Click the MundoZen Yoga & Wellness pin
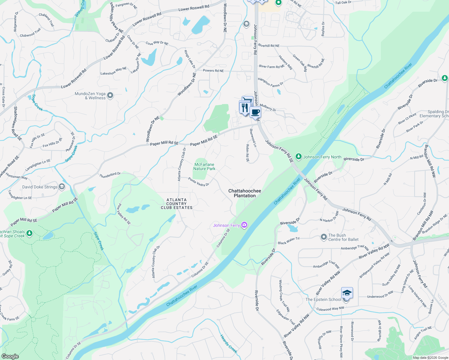(x=110, y=96)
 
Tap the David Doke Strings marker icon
(x=62, y=187)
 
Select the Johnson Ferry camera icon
(x=244, y=225)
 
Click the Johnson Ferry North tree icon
(x=298, y=157)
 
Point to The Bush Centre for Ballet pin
(x=324, y=237)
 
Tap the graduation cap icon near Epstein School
(x=347, y=293)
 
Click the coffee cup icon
(x=255, y=112)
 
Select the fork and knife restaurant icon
(x=245, y=107)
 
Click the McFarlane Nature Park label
(x=204, y=166)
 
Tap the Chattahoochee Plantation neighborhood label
(x=245, y=193)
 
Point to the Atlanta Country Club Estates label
(x=176, y=204)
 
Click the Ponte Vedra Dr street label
(x=198, y=182)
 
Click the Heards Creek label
(x=229, y=344)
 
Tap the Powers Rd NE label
(x=213, y=71)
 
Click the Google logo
(x=10, y=356)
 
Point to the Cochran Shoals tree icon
(x=29, y=233)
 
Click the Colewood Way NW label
(x=330, y=309)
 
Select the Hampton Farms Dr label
(x=270, y=82)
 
